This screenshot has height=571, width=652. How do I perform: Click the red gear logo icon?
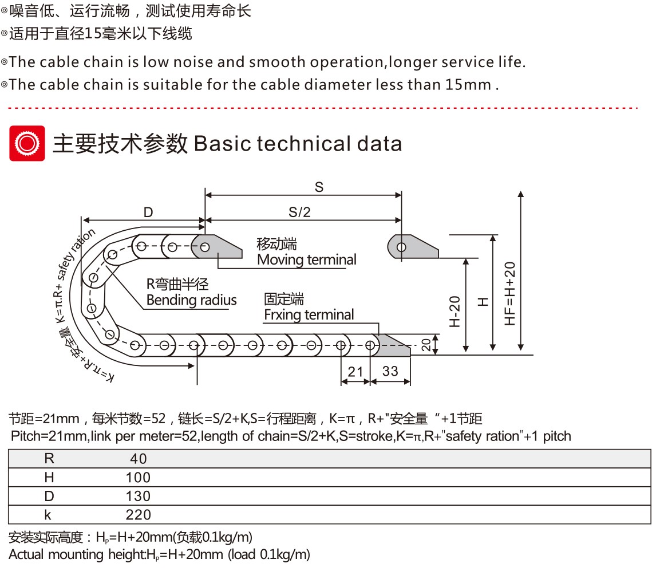pos(27,143)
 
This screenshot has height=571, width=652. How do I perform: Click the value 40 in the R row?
pos(139,459)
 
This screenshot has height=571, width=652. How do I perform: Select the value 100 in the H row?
pos(138,478)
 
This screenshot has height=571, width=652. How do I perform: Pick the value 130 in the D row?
pos(138,496)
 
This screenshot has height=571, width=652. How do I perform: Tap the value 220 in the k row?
pos(138,515)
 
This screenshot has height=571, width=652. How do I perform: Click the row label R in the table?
pos(49,458)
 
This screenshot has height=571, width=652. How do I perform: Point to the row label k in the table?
pos(48,515)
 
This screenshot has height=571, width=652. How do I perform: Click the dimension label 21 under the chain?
pos(355,371)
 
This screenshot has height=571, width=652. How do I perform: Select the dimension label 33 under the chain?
pos(390,371)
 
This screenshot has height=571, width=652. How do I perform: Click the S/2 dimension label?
pos(299,212)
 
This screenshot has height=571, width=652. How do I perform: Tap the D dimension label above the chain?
pos(148,212)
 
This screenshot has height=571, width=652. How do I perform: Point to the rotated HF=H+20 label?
pos(510,294)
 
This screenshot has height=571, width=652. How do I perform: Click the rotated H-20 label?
pos(455,312)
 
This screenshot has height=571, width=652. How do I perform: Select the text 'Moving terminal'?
pos(307,259)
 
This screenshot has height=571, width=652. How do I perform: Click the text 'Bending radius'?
pos(191,300)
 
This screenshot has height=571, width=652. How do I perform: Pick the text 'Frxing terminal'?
pos(309,315)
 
